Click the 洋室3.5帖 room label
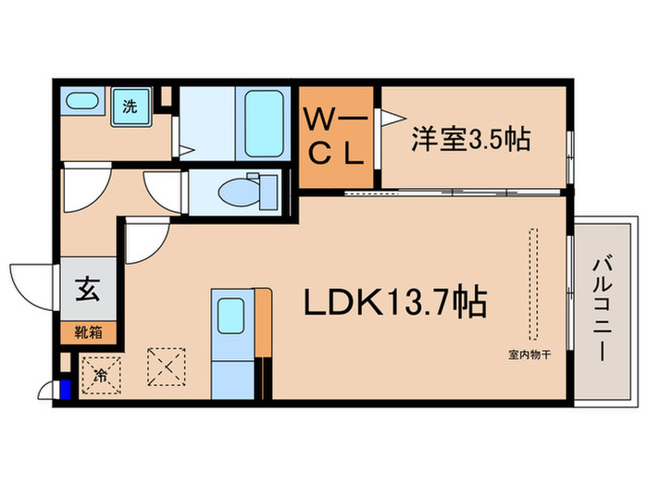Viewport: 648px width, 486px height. (x=470, y=140)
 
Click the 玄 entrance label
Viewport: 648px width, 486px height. (x=87, y=290)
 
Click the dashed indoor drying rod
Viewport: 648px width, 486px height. (x=532, y=284)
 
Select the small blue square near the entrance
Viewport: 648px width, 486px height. (x=65, y=389)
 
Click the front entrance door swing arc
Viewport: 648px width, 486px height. (x=30, y=280)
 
